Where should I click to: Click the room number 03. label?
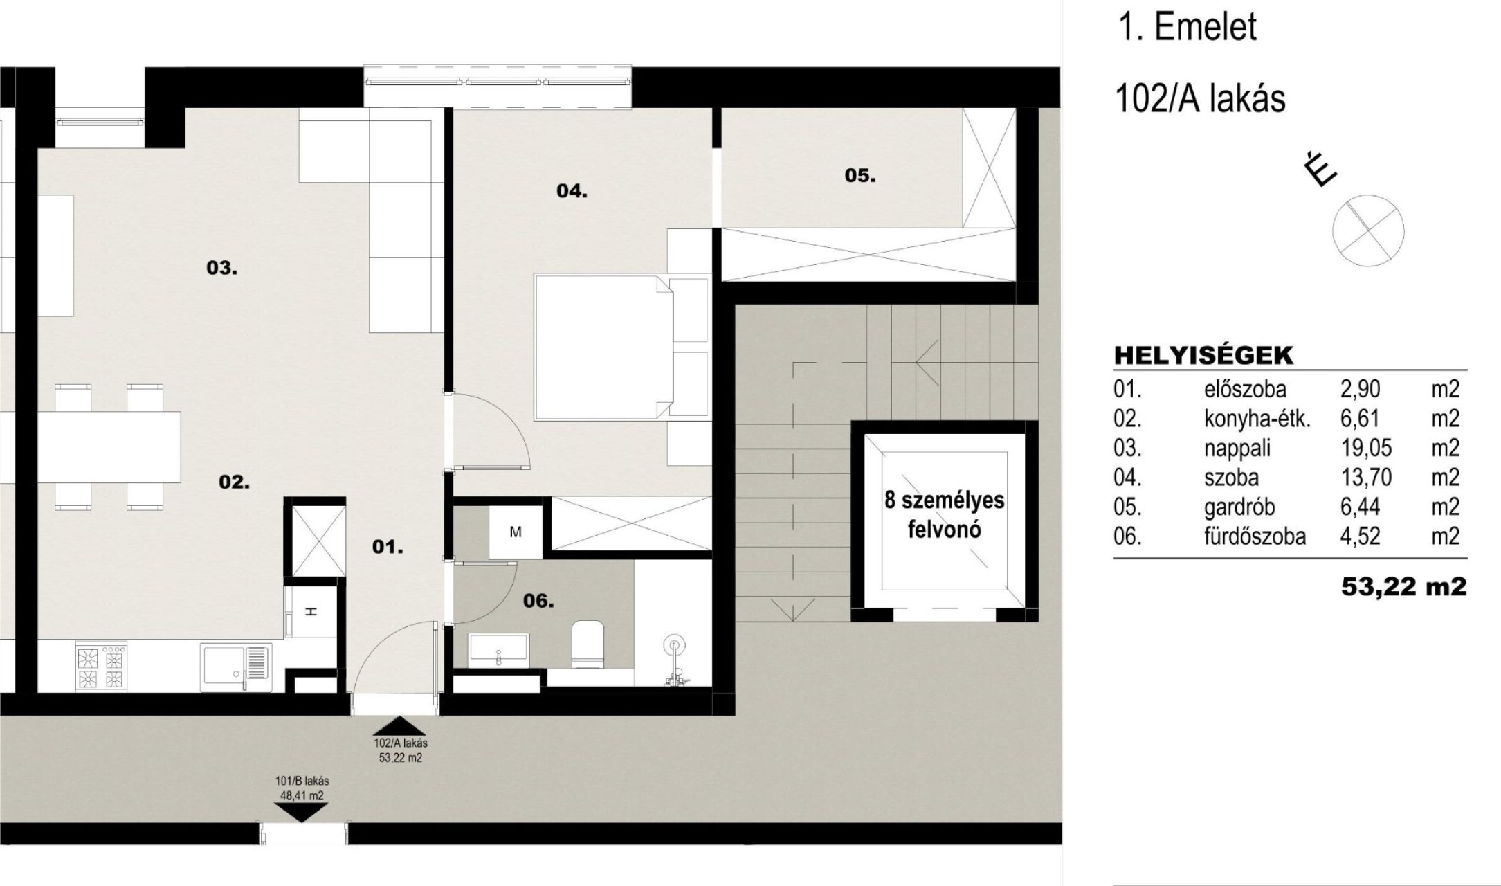tap(222, 267)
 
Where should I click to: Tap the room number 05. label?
tap(860, 176)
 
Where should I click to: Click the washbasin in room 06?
tap(498, 649)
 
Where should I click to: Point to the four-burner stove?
tap(102, 667)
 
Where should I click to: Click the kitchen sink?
tap(236, 667)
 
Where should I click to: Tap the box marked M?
tap(515, 532)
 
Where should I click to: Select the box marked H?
tap(311, 612)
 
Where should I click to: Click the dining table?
tap(109, 447)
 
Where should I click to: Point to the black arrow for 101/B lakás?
tap(301, 813)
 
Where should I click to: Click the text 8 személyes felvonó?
tap(945, 515)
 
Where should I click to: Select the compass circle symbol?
tap(1368, 230)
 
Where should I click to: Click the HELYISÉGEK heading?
tap(1203, 356)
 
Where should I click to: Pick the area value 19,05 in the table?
tap(1366, 449)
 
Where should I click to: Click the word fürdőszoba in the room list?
tap(1255, 536)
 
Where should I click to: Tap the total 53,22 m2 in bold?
tap(1403, 587)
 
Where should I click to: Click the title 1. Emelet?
tap(1187, 28)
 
